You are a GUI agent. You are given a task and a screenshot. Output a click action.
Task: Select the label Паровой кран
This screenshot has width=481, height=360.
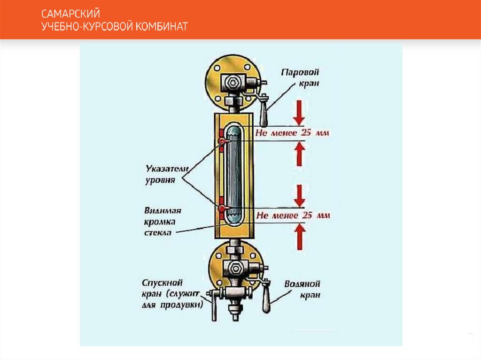point(301,77)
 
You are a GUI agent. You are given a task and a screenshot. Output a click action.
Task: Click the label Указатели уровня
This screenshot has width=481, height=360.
point(160,174)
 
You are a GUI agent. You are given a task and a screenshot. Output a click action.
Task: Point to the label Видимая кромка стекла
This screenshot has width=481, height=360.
point(160,221)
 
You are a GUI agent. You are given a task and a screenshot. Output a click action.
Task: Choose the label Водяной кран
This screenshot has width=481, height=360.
point(303,290)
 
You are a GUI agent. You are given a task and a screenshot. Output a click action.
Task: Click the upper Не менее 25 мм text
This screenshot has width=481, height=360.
point(292,133)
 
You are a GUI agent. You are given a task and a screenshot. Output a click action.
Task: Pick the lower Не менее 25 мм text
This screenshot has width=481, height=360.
point(293,215)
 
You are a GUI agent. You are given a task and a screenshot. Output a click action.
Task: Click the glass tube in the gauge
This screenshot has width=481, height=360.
point(234,173)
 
